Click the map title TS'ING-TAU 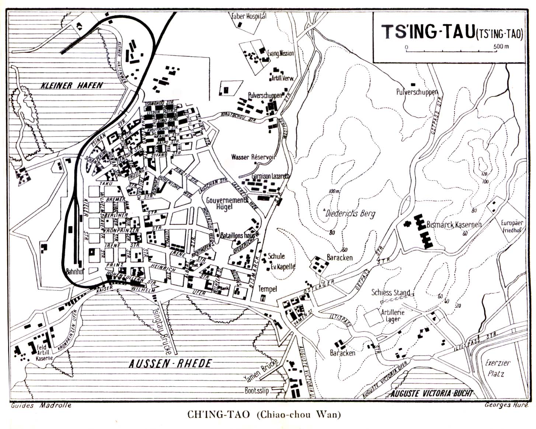pos(427,32)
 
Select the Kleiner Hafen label pos(71,86)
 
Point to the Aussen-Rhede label pos(170,364)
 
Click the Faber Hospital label pos(249,16)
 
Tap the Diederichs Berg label pos(350,213)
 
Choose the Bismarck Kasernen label pos(453,224)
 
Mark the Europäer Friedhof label pos(511,226)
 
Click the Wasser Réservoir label pos(253,157)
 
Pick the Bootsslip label pos(257,390)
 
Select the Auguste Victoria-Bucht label pos(431,393)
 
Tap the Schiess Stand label pos(390,293)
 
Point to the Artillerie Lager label pos(393,315)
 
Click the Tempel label pos(267,289)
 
